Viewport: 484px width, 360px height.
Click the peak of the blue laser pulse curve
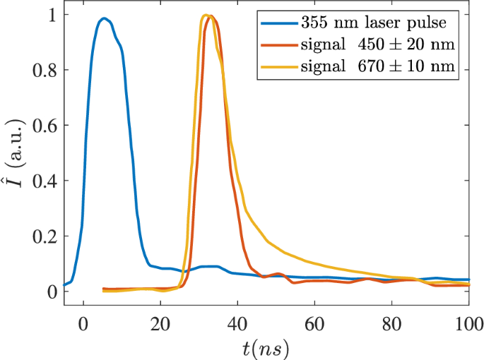coord(104,18)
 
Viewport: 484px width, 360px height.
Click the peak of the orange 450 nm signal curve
coord(211,16)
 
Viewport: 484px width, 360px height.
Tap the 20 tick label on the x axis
coord(160,319)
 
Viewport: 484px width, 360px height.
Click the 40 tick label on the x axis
coord(237,319)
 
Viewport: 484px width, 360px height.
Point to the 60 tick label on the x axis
coord(314,319)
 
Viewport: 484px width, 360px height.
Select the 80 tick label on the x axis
coord(391,319)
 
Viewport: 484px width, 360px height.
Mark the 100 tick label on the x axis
coord(466,319)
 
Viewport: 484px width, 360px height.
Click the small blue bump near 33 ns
coord(210,266)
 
